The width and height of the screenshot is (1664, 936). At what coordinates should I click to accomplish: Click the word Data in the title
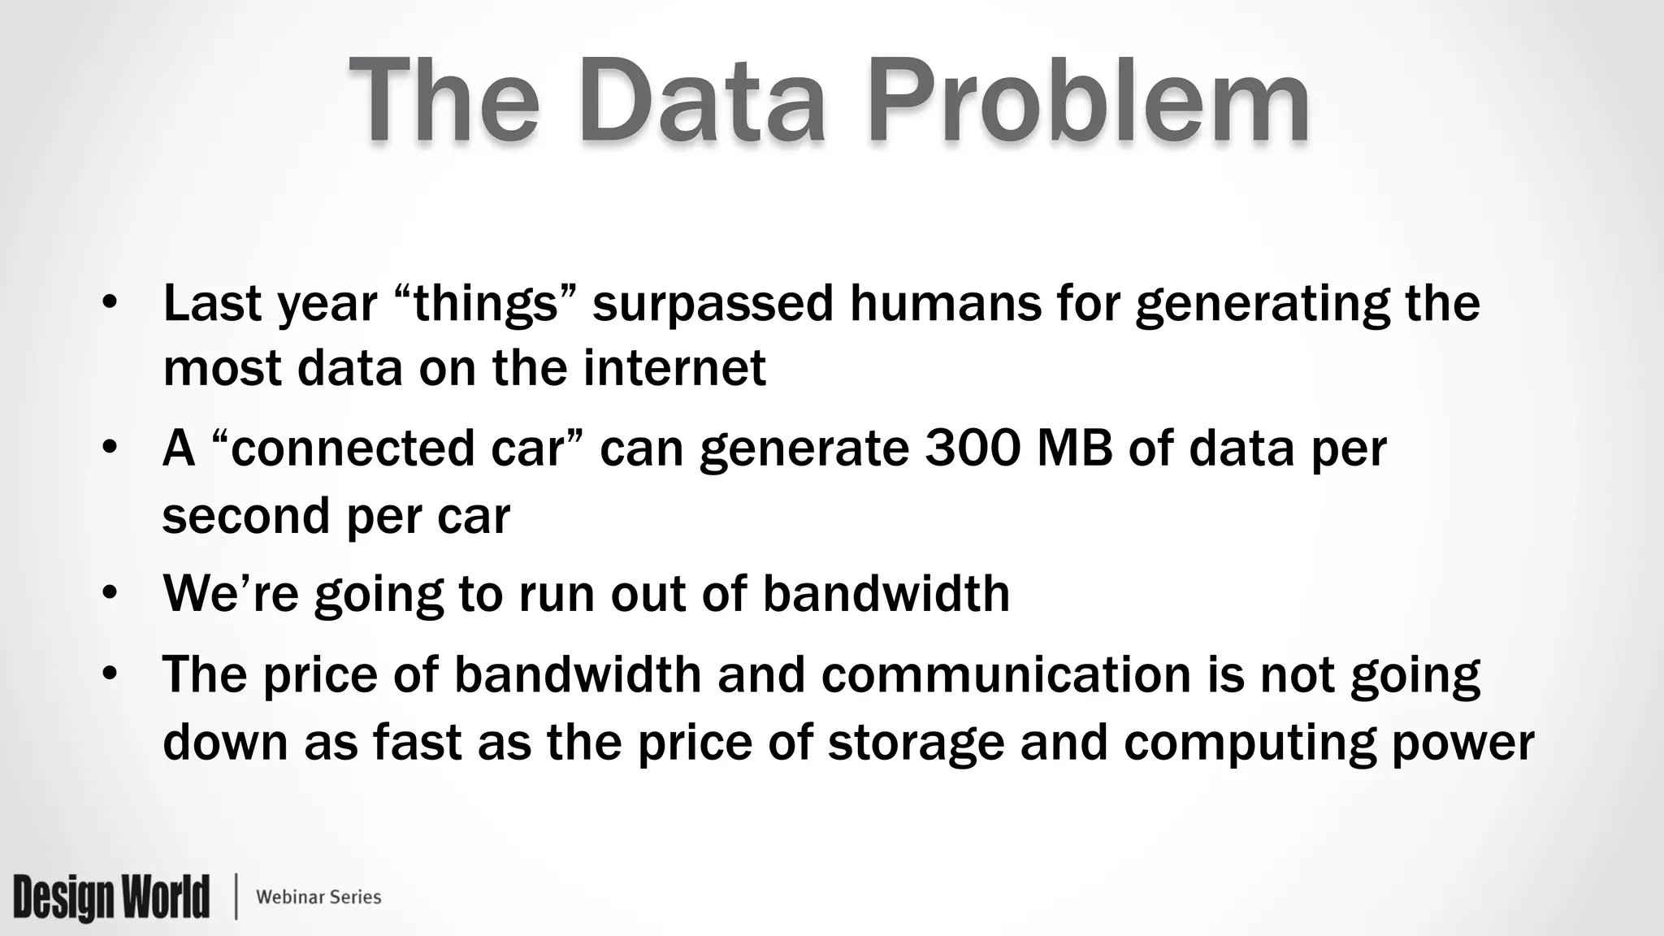(702, 101)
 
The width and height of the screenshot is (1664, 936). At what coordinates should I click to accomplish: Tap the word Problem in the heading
(1089, 101)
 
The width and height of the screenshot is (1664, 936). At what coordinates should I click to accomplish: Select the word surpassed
(713, 303)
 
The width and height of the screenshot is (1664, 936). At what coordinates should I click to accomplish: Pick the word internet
(674, 368)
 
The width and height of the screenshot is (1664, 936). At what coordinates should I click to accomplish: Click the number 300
(972, 448)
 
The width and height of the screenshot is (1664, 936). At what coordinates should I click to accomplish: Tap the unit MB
(1074, 448)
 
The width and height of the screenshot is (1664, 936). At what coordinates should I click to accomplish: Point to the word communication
(1006, 674)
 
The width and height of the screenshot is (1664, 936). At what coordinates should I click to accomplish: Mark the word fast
(418, 742)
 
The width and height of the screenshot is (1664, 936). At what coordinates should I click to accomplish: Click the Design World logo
(111, 897)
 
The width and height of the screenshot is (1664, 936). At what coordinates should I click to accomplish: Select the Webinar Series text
(318, 897)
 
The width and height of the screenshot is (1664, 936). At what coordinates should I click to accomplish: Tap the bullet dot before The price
(110, 674)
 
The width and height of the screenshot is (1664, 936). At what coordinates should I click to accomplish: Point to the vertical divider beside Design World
(236, 897)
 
